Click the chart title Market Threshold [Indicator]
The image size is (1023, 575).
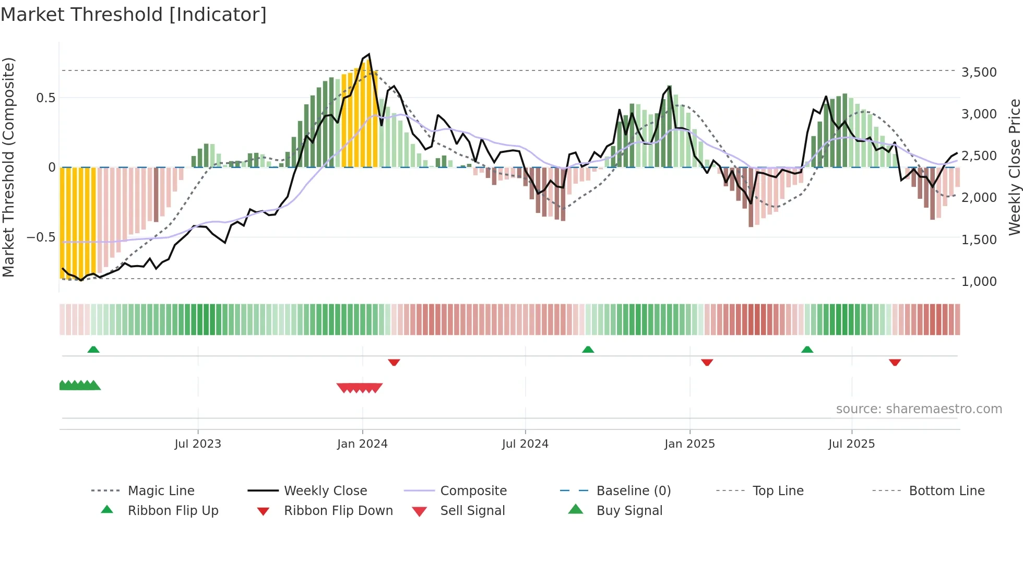click(x=134, y=15)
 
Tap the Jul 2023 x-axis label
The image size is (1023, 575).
click(x=198, y=444)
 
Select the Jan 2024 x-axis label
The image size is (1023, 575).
click(x=362, y=444)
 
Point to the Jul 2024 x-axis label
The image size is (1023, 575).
click(x=525, y=444)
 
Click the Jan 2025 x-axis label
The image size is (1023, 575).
click(x=689, y=444)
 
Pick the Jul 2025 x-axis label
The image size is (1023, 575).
click(x=851, y=444)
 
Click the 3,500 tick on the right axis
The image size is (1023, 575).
click(x=979, y=72)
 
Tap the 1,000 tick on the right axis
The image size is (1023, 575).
click(x=979, y=281)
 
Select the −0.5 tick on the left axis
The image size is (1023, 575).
click(x=41, y=237)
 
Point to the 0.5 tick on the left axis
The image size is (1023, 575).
click(x=45, y=98)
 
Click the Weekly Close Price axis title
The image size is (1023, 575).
click(x=1014, y=167)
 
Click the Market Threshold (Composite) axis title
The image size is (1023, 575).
click(x=8, y=167)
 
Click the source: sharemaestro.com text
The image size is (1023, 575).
click(x=919, y=409)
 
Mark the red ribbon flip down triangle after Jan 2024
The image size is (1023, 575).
click(x=394, y=362)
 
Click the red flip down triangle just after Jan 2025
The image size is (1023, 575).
click(x=707, y=362)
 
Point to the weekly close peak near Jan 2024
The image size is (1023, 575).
click(x=369, y=54)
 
